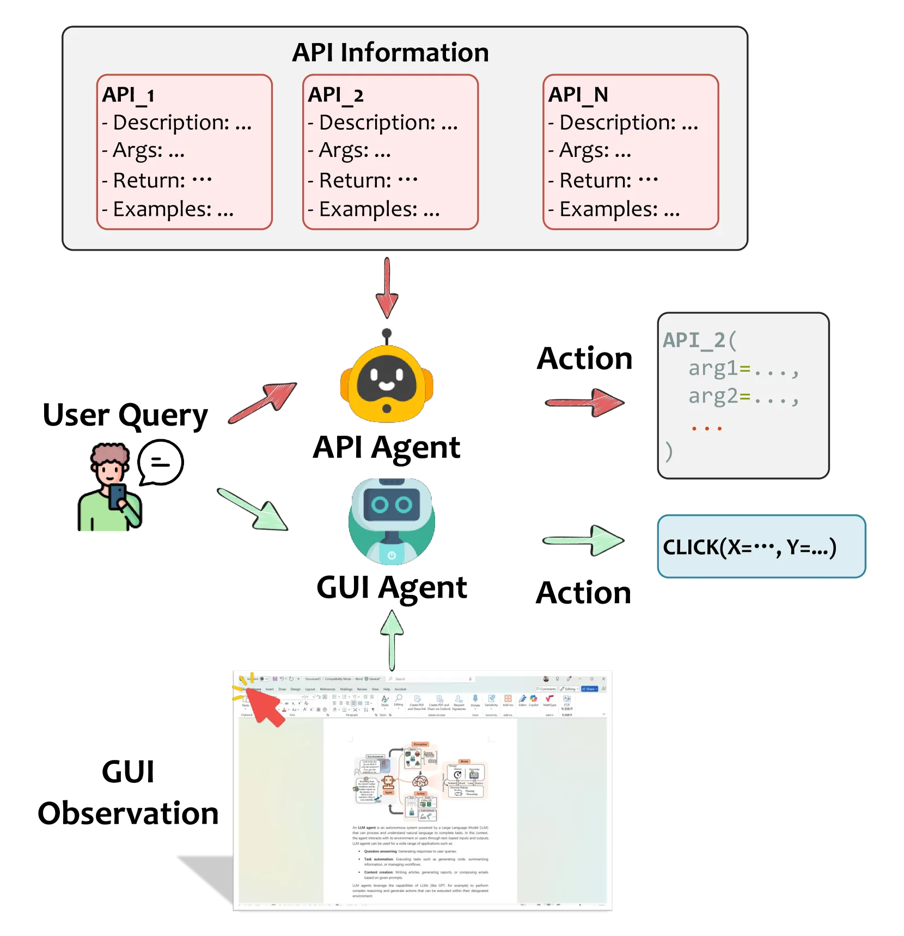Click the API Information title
[x=390, y=53]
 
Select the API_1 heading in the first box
[x=129, y=95]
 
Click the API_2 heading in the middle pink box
[x=335, y=95]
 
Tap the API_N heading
[x=578, y=95]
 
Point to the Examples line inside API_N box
[x=614, y=209]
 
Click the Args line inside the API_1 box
[x=143, y=150]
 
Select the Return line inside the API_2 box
[x=363, y=180]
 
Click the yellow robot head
[x=387, y=383]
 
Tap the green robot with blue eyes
[x=392, y=520]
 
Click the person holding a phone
[x=111, y=490]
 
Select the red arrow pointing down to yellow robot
[x=387, y=288]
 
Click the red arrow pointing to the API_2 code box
[x=585, y=403]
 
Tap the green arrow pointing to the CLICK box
[x=584, y=540]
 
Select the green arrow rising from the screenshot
[x=392, y=639]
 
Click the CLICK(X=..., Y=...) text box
[x=761, y=546]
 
